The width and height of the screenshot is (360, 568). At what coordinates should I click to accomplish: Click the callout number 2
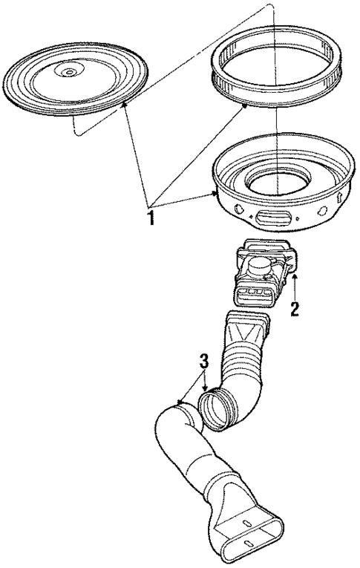295,308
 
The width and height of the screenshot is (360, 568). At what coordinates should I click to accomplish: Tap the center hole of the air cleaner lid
68,72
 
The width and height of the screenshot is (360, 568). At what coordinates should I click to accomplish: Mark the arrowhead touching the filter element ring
244,107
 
